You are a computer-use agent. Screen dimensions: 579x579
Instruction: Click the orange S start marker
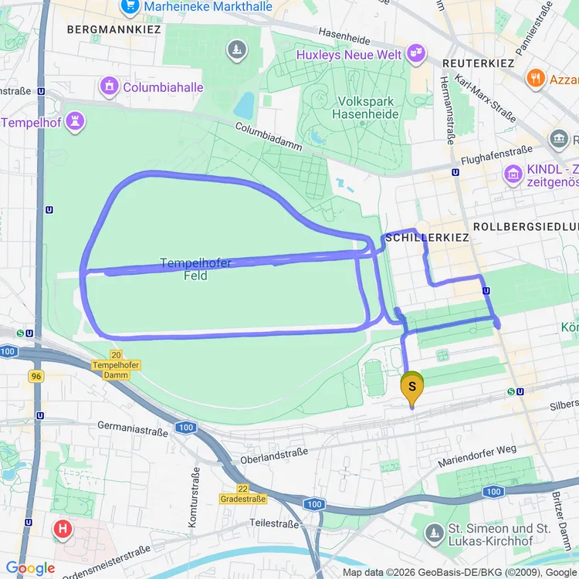point(412,386)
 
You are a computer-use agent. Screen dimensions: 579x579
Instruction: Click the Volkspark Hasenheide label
point(365,108)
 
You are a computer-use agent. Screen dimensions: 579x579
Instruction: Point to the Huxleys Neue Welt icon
point(416,54)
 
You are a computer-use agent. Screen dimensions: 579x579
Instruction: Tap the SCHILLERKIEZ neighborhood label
point(427,238)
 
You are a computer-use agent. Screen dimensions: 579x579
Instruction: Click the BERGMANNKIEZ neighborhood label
point(114,29)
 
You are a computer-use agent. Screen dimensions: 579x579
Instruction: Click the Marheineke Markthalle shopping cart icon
point(128,8)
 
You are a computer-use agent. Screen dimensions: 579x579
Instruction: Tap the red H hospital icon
point(62,530)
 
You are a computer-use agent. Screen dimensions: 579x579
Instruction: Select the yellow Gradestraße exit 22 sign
point(242,494)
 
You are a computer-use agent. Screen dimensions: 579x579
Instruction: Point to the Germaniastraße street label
point(132,428)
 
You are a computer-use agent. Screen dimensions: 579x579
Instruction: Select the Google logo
point(30,568)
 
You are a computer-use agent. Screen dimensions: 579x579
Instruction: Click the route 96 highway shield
point(36,376)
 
